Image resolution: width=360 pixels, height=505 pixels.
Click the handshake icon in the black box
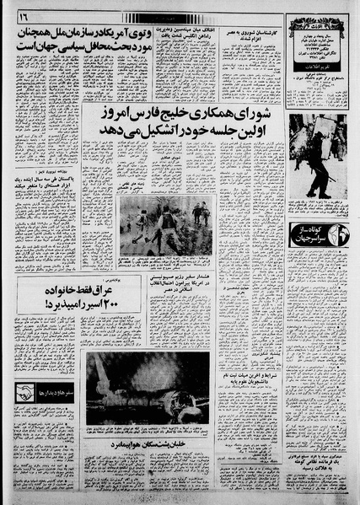[x=24, y=393]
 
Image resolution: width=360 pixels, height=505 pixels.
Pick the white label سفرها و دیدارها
[x=55, y=393]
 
